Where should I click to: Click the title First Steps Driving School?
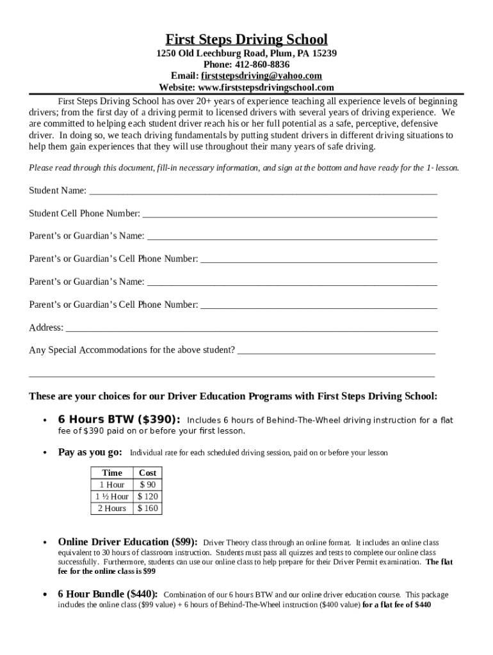[x=247, y=39]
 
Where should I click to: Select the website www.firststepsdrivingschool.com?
[x=266, y=88]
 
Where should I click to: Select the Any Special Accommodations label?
[x=132, y=351]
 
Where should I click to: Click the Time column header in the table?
[x=112, y=473]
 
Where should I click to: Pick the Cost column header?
[x=148, y=473]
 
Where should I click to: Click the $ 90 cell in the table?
[x=148, y=485]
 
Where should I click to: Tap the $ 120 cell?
[x=148, y=497]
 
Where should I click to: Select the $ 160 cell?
[x=148, y=509]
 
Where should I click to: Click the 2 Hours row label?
[x=112, y=509]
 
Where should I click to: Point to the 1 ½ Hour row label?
[x=112, y=497]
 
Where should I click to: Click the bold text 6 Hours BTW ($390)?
[x=119, y=420]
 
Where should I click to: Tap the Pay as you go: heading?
[x=90, y=452]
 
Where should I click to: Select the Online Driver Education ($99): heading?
[x=127, y=542]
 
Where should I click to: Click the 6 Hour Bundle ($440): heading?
[x=108, y=594]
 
